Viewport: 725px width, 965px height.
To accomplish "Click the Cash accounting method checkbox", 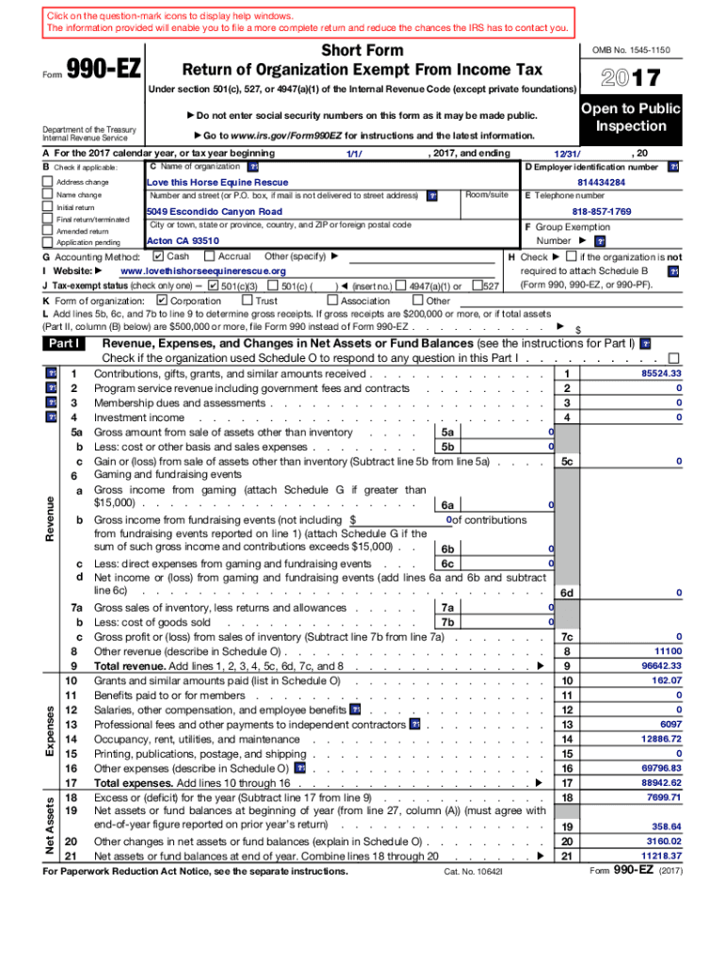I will (157, 256).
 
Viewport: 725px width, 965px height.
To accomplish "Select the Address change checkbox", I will (47, 182).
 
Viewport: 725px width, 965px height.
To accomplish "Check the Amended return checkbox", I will (47, 231).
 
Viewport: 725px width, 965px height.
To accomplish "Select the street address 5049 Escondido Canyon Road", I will (215, 212).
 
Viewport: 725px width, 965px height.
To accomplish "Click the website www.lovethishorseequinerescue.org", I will (203, 271).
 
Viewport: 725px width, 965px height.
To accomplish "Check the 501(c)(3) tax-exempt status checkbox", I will (213, 286).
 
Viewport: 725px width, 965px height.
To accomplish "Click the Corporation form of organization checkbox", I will (161, 301).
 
